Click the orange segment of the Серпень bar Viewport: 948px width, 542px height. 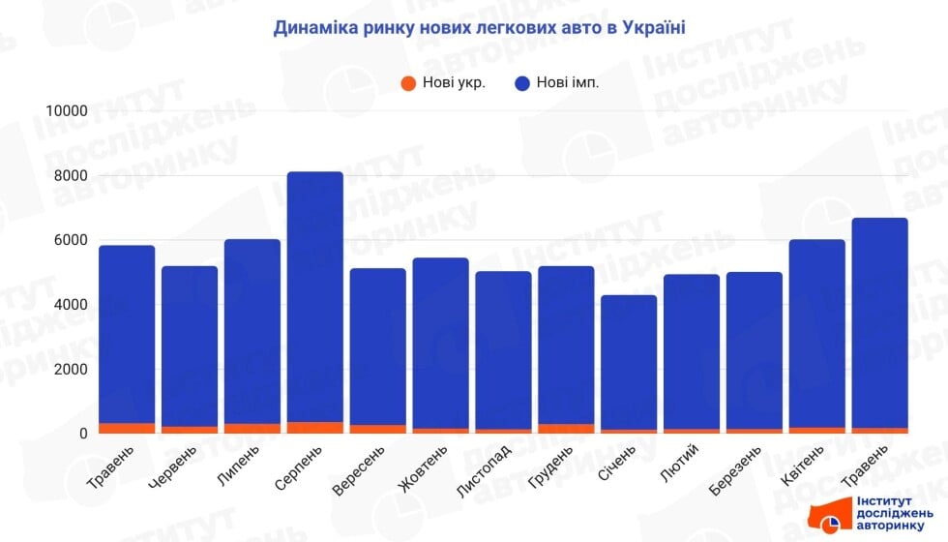point(315,428)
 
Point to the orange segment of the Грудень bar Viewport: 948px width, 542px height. point(566,429)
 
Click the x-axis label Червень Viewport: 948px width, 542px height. point(176,467)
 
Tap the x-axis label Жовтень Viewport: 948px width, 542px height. point(423,468)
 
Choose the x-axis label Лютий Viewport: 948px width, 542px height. point(676,464)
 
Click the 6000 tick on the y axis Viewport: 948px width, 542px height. point(72,240)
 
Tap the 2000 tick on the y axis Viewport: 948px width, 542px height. point(72,370)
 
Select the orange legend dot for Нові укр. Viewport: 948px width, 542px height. point(408,83)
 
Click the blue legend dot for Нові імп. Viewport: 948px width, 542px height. point(521,83)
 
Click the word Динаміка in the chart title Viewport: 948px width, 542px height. point(315,28)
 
